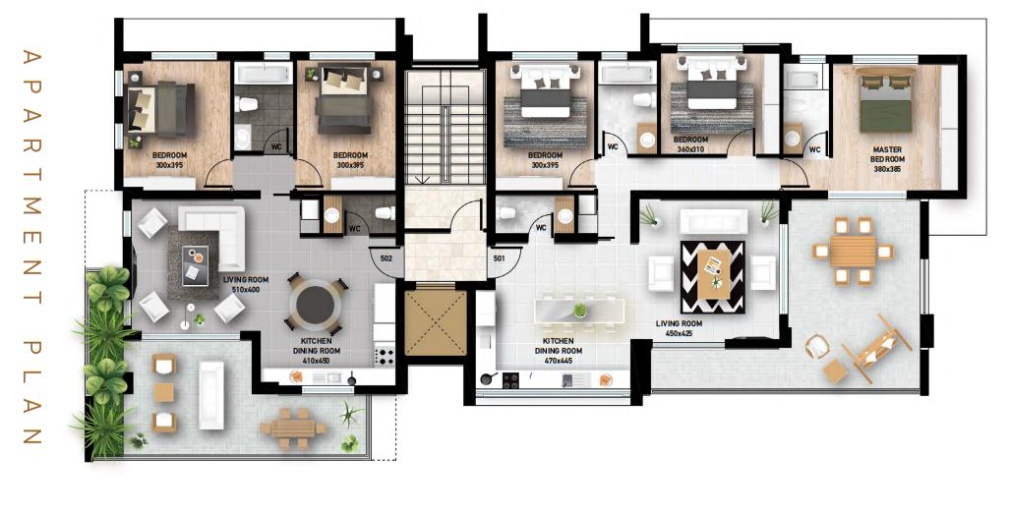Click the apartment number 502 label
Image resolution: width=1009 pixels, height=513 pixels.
[x=386, y=258]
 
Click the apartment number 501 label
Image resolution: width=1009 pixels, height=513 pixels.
[x=499, y=258]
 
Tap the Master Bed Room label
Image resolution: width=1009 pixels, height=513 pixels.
[x=887, y=159]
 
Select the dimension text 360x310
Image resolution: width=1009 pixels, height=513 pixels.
[x=689, y=149]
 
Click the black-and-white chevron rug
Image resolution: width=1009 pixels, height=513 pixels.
[x=712, y=277]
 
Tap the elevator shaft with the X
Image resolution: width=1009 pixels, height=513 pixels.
[x=435, y=322]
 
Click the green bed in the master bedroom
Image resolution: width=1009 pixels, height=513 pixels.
[x=887, y=103]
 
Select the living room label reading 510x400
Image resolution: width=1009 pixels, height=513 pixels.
[x=246, y=285]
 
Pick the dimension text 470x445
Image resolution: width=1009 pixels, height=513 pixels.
[x=558, y=361]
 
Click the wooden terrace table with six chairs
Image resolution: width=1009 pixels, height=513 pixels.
[x=853, y=251]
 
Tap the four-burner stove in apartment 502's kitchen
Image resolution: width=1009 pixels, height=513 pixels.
[x=385, y=357]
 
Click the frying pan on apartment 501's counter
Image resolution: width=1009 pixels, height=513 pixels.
[x=487, y=378]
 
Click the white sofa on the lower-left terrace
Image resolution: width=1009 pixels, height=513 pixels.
[x=211, y=395]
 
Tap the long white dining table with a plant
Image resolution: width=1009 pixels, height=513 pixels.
[x=578, y=311]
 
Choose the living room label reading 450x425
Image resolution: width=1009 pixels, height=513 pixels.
[x=679, y=328]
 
